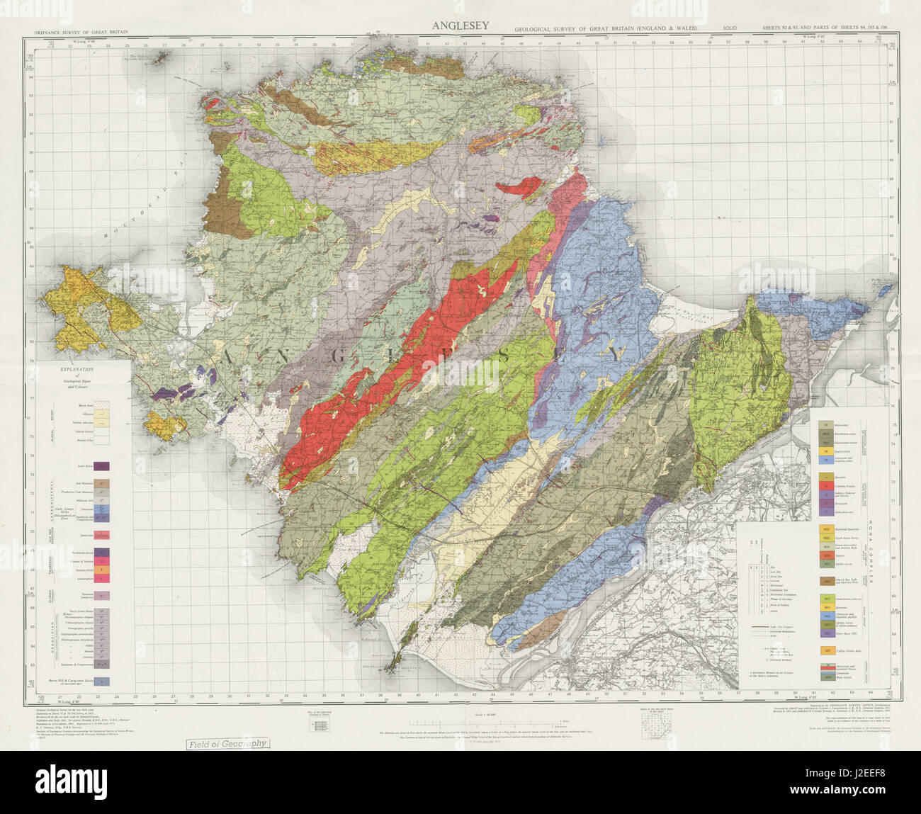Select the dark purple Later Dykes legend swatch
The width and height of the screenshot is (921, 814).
coord(103,466)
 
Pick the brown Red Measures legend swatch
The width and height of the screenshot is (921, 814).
coord(103,482)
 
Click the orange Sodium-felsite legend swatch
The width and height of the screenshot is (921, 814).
coord(103,569)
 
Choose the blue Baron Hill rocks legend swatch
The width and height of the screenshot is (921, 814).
coord(103,682)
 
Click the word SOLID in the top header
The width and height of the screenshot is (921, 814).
coord(730,28)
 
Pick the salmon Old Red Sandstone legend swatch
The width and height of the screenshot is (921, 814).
coord(103,534)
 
